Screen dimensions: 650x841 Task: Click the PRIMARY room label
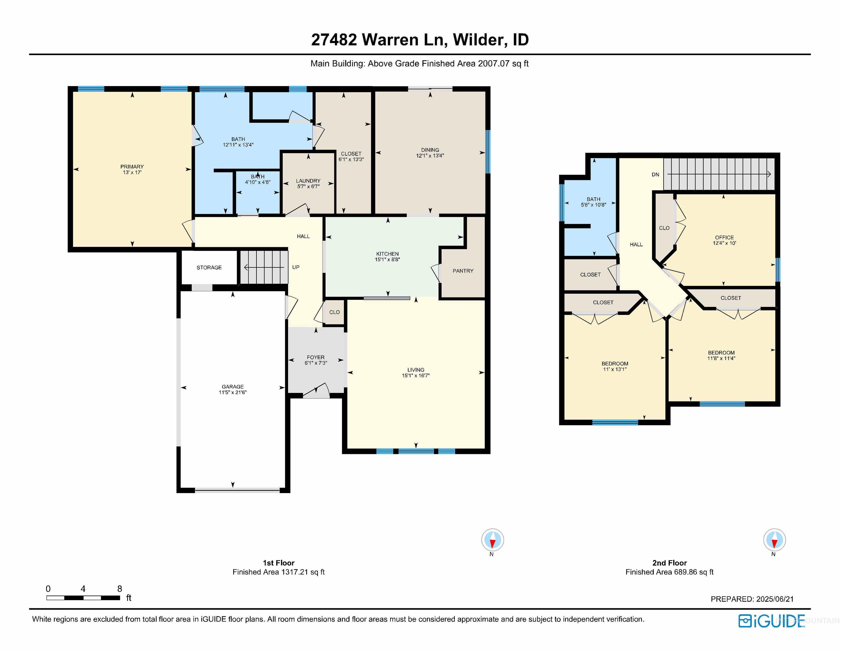[x=132, y=167]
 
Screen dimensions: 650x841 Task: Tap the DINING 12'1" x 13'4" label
[x=430, y=153]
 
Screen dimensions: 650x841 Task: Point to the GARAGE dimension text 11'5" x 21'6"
[x=232, y=392]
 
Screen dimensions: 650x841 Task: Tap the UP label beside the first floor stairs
[x=296, y=267]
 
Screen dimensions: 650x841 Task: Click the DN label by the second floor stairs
[x=655, y=174]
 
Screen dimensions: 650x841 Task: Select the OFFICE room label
[x=724, y=238]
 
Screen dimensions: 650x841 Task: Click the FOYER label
[x=316, y=357]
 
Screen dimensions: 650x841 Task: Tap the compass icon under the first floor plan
[x=492, y=540]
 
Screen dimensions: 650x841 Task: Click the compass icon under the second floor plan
[x=774, y=540]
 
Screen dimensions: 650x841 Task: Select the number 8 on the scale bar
[x=119, y=589]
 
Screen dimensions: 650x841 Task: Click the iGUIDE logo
[x=771, y=621]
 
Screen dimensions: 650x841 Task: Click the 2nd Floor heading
[x=669, y=563]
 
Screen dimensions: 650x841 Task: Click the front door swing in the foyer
[x=317, y=391]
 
